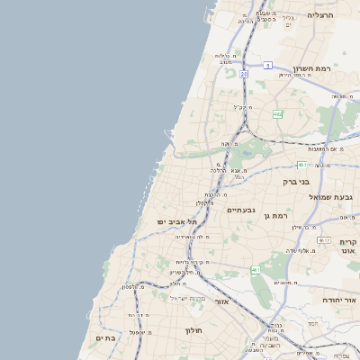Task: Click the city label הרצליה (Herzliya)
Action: (x=319, y=15)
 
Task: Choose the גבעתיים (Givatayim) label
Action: (x=240, y=210)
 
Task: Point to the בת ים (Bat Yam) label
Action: (x=104, y=337)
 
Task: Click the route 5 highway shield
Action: (x=267, y=65)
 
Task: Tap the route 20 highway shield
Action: (x=243, y=75)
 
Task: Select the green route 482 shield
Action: (x=277, y=114)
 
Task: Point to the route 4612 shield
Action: (x=323, y=240)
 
